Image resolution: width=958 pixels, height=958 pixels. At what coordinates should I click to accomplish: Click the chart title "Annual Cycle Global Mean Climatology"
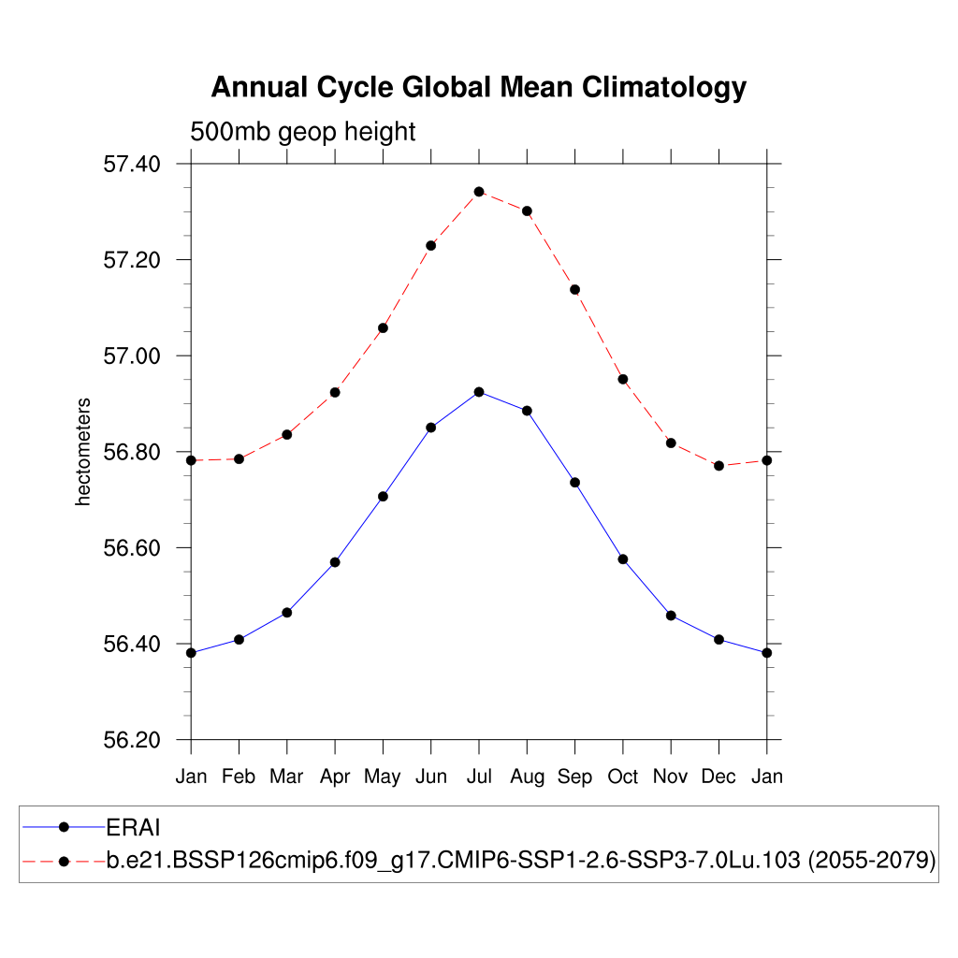(478, 88)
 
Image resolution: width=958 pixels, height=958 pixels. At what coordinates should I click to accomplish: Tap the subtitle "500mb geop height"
(302, 132)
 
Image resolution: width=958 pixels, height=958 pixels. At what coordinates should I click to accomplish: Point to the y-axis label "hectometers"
(83, 452)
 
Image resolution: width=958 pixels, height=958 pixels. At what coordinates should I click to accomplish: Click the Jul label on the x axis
(479, 777)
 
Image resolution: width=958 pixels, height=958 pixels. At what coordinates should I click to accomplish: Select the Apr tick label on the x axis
(335, 777)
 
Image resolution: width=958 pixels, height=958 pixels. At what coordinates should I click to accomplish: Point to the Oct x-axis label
(623, 777)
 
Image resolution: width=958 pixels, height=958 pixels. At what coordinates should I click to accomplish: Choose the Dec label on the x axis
(718, 777)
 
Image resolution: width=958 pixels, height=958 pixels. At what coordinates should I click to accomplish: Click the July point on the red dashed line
(479, 192)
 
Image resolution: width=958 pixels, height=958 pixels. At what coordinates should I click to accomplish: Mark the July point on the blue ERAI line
(479, 392)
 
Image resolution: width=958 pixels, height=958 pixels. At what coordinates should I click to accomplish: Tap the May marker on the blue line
(383, 496)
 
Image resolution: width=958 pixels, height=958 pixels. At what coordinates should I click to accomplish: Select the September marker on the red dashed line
(574, 289)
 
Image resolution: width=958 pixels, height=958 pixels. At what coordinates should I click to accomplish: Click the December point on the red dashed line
(718, 465)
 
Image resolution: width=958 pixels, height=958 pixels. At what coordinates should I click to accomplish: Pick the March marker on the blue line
(287, 612)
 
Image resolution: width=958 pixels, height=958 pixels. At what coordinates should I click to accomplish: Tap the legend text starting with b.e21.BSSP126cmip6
(521, 861)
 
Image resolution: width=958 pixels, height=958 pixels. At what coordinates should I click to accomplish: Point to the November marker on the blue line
(671, 616)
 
